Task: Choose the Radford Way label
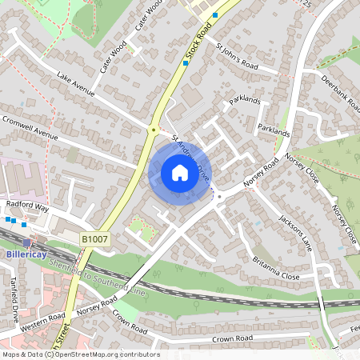28,206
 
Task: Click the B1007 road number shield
95,238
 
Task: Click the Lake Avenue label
76,83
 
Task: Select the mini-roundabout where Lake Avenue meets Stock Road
153,129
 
